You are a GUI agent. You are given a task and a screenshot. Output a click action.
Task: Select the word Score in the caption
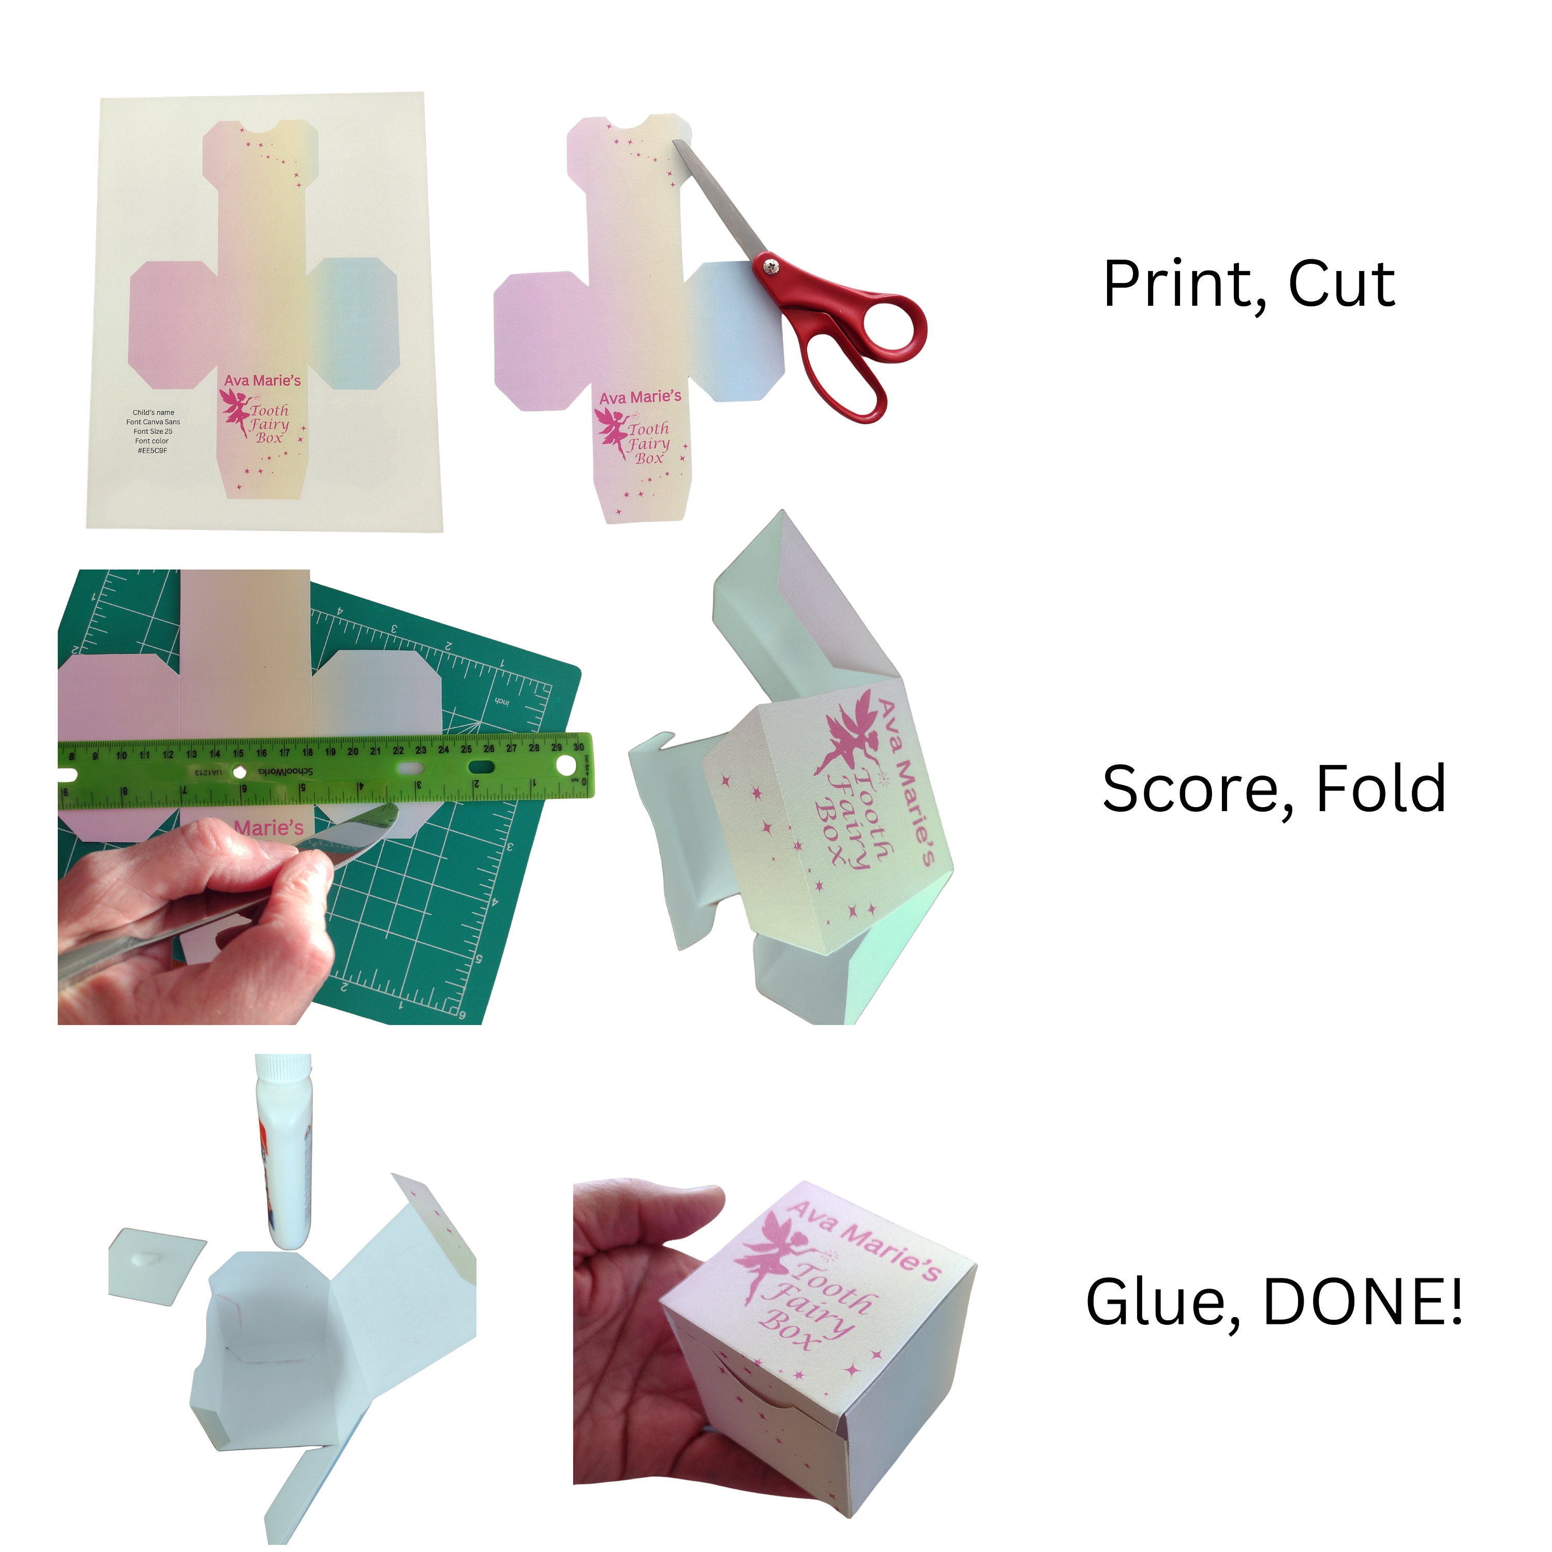pyautogui.click(x=1193, y=789)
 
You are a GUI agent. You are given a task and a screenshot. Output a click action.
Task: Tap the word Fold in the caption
pyautogui.click(x=1380, y=789)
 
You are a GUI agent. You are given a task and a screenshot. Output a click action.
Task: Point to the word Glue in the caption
pyautogui.click(x=1161, y=1302)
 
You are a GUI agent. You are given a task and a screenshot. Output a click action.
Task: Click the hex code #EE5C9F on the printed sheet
pyautogui.click(x=153, y=451)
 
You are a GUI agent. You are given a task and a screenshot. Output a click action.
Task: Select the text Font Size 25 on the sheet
pyautogui.click(x=153, y=431)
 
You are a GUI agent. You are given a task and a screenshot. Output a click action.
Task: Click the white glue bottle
pyautogui.click(x=285, y=1148)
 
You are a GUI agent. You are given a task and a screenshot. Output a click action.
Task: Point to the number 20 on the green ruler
pyautogui.click(x=353, y=752)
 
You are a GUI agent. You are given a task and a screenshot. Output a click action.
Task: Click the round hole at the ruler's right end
pyautogui.click(x=565, y=766)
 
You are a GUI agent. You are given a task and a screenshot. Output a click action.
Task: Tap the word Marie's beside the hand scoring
pyautogui.click(x=269, y=827)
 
